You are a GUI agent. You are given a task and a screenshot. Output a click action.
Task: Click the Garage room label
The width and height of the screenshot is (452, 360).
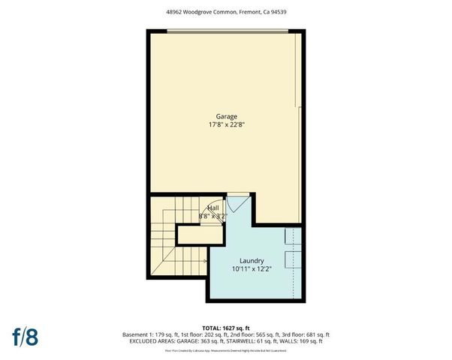[x=227, y=116]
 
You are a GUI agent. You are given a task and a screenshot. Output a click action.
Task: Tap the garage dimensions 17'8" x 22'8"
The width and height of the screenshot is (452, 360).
[x=227, y=125]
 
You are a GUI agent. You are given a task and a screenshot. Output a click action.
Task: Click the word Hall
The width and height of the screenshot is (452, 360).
[x=213, y=207]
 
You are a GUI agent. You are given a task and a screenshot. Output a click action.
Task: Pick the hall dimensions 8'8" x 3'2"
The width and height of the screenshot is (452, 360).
[x=213, y=215]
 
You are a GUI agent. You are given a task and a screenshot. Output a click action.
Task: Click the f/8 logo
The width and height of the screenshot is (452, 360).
[x=26, y=336]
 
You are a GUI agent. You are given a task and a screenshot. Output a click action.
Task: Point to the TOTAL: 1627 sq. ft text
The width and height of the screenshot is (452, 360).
[x=226, y=327]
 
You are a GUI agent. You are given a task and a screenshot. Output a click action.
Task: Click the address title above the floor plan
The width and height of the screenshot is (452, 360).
[x=226, y=13]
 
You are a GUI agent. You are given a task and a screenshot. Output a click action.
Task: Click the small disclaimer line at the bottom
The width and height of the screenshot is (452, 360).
[x=226, y=350]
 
